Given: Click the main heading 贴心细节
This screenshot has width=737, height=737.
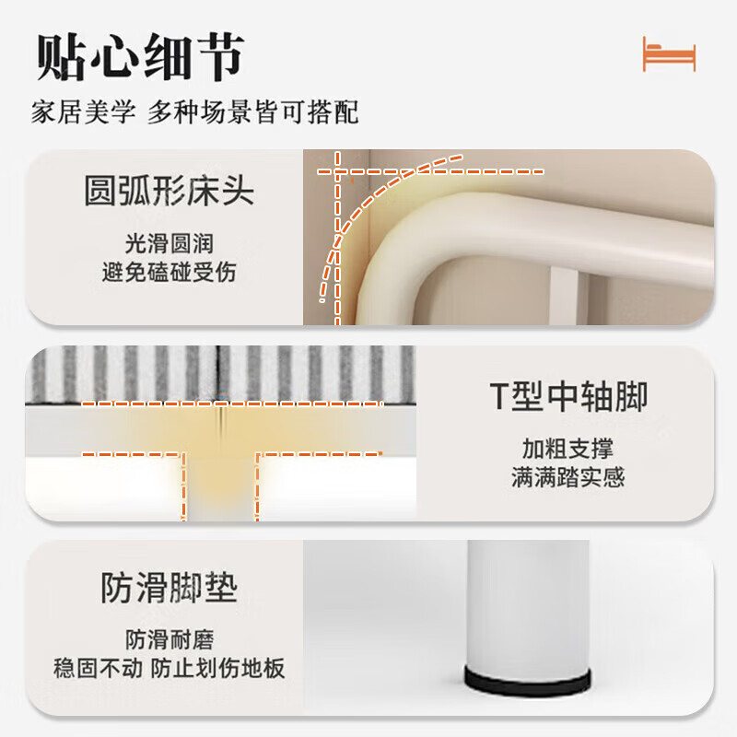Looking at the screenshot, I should point(139,57).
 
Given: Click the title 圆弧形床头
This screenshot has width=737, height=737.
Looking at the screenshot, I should point(169,193).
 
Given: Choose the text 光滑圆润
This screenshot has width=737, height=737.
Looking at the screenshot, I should point(169,243).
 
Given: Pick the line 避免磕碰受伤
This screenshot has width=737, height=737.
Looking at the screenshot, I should point(169,273).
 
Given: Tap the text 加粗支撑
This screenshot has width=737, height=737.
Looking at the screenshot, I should point(567,449).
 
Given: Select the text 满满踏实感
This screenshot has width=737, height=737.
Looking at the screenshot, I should point(567,478).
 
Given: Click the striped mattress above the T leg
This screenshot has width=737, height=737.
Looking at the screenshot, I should point(221,373).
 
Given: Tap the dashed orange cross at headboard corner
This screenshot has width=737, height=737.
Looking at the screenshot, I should point(339,171).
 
